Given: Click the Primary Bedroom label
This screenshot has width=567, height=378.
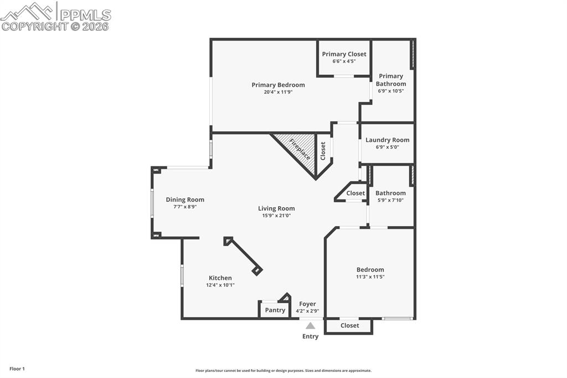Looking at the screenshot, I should (278, 85).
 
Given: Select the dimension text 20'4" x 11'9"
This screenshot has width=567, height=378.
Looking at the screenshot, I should (278, 92).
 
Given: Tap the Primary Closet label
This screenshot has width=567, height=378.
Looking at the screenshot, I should (344, 54).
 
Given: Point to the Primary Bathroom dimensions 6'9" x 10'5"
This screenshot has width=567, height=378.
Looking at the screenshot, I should (391, 91).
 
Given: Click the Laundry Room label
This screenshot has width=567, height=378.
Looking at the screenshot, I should (387, 140).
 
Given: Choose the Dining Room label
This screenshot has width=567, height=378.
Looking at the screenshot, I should (185, 200).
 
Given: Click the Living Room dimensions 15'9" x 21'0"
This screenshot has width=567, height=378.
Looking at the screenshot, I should (276, 216).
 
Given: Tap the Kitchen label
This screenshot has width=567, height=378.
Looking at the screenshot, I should (220, 278).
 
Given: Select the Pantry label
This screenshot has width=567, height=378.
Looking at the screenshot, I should (275, 310).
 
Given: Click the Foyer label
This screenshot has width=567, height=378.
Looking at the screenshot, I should (307, 304).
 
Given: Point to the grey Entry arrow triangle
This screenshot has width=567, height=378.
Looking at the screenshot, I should (311, 326).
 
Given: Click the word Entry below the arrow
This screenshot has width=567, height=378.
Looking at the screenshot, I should (310, 336).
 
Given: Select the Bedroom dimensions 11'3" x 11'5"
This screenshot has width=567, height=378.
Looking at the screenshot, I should (370, 277).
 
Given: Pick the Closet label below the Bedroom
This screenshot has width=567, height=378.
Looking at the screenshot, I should (349, 325).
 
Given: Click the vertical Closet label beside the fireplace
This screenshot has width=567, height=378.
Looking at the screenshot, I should (323, 151).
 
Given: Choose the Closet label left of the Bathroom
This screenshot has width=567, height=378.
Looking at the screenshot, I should (355, 193).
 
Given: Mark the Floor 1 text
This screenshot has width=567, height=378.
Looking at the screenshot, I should (17, 369).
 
